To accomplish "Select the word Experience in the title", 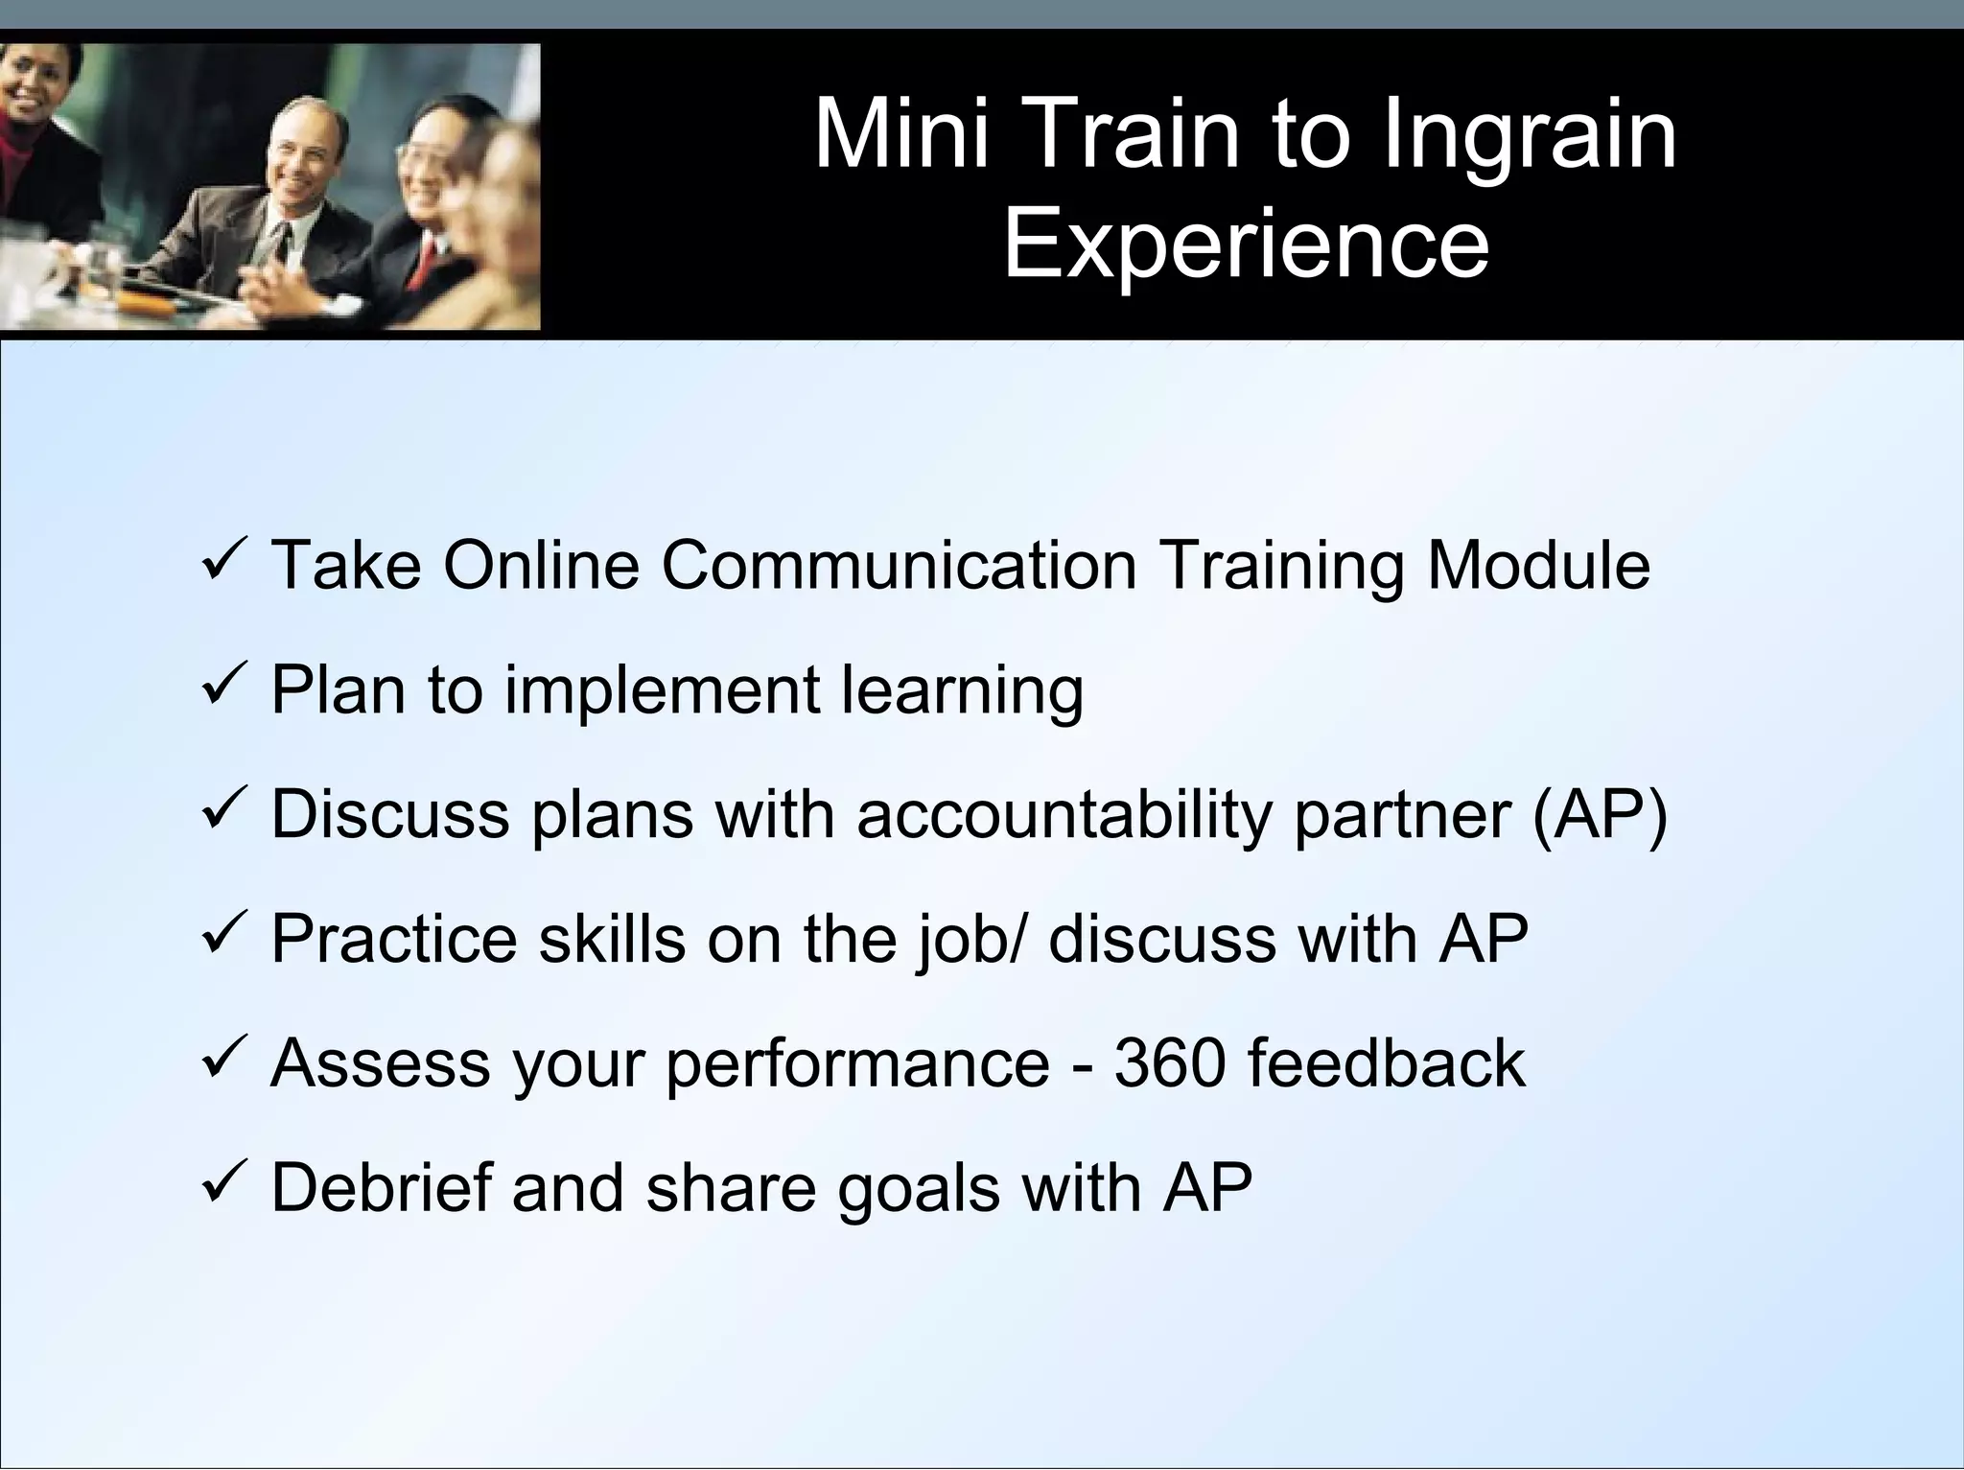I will pos(1245,245).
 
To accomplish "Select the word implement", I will pos(662,690).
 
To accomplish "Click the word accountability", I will pos(1064,815).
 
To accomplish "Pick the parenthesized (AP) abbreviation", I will pos(1600,815).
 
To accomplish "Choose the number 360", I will pos(1169,1062).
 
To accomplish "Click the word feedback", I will pos(1386,1062).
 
